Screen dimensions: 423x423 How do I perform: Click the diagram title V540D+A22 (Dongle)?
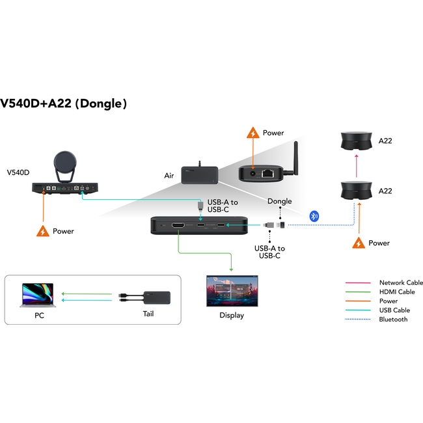click(63, 103)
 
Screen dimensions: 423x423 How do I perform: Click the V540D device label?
click(19, 173)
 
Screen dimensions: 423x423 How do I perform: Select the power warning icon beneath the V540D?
click(43, 231)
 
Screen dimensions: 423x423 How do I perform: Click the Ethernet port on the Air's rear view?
click(267, 173)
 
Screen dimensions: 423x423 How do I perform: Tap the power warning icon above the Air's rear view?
click(252, 133)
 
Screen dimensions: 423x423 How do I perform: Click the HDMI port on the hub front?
click(177, 226)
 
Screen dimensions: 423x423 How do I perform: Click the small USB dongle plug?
click(276, 225)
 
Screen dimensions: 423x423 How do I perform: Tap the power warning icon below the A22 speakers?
click(357, 243)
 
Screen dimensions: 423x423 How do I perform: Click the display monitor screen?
click(231, 291)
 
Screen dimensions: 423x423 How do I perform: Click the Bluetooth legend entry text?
click(393, 319)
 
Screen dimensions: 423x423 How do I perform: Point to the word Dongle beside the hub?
click(279, 201)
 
